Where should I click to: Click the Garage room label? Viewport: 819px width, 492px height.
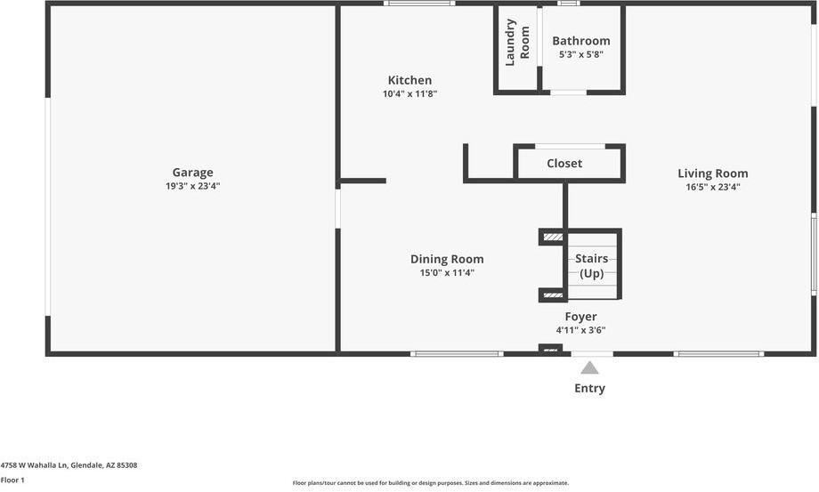[192, 173]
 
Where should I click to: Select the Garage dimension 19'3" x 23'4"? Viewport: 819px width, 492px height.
[192, 186]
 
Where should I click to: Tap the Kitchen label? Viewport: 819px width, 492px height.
[409, 80]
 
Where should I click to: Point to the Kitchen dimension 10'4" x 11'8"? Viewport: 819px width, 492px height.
[409, 93]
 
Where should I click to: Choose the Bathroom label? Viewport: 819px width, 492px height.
[580, 41]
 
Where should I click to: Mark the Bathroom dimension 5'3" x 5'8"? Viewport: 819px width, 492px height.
[580, 54]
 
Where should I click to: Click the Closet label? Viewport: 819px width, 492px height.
[564, 164]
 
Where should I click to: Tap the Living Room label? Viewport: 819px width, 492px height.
[712, 173]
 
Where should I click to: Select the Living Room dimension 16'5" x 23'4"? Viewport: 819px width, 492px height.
[712, 187]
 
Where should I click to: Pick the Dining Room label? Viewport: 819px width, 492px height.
[447, 259]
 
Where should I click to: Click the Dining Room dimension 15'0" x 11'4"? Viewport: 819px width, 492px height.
[447, 273]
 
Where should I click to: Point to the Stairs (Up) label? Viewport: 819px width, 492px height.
[592, 266]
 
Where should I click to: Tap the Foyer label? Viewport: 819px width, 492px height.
[580, 317]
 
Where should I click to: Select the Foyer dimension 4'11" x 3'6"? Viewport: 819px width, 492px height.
[580, 330]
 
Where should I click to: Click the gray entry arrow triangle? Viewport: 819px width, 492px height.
[589, 367]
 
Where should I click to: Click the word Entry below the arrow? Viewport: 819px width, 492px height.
[589, 388]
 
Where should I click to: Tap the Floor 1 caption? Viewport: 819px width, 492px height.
[12, 480]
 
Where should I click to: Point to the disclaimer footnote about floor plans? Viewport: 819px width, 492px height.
[430, 483]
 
